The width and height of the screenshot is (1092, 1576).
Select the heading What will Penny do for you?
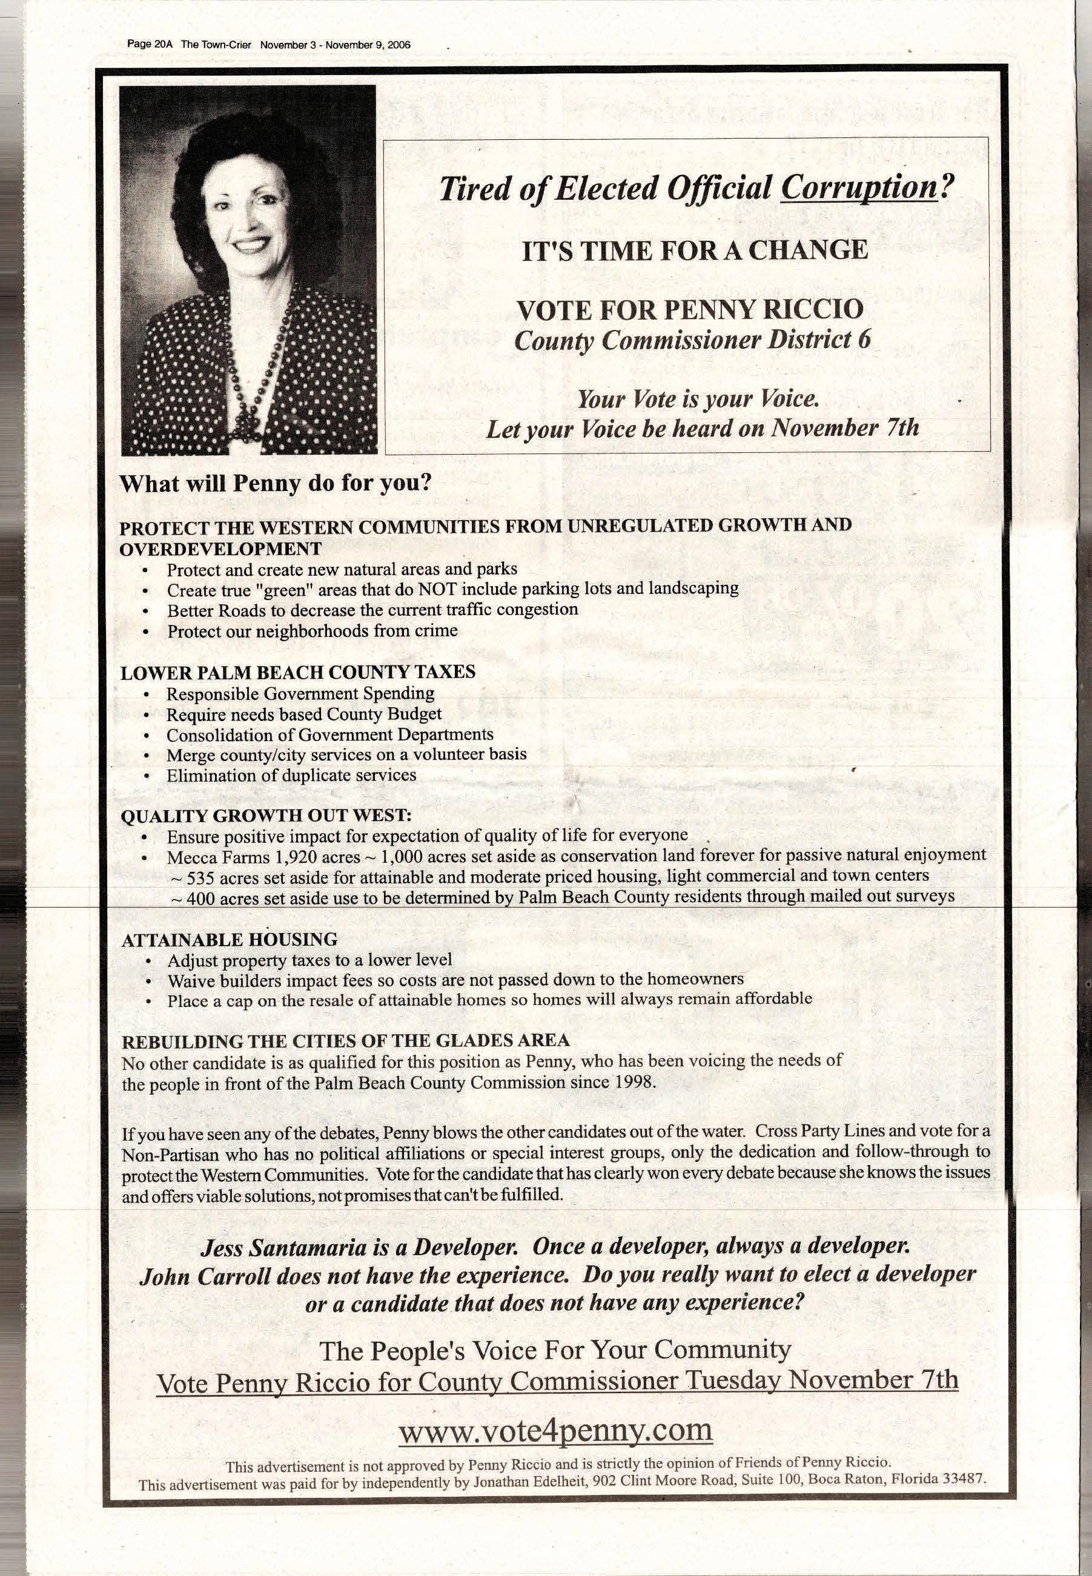(276, 483)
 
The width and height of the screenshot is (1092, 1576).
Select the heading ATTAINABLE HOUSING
(229, 940)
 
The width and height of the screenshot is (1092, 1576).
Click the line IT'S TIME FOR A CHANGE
(695, 250)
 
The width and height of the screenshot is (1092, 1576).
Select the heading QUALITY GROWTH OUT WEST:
(266, 816)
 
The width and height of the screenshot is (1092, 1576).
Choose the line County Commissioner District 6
(692, 340)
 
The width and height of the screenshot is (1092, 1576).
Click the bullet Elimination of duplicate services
(291, 775)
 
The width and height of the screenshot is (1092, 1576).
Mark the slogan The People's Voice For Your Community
(555, 1350)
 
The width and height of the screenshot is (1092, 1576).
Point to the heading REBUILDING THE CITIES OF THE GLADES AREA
(345, 1041)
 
